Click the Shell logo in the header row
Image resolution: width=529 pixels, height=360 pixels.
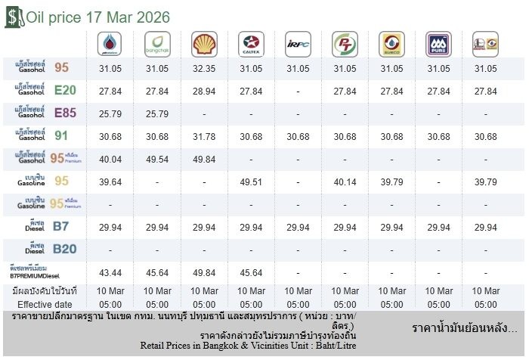coord(203,45)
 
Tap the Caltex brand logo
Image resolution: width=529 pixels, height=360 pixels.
coord(250,45)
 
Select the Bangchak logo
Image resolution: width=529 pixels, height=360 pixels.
coord(156,45)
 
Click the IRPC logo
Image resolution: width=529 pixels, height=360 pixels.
coord(297,45)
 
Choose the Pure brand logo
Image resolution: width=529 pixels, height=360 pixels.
coord(438,45)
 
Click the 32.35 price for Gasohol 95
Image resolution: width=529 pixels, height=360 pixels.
coord(203,68)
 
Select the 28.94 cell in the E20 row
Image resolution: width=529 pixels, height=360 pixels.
coord(203,92)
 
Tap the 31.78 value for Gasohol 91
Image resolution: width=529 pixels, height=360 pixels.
coord(203,136)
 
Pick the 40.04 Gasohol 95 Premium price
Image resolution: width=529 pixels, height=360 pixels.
coord(110,160)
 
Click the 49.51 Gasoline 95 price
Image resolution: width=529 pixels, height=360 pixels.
coord(250,182)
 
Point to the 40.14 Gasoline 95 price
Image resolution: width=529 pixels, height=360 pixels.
coord(345,182)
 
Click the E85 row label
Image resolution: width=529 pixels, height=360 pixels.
coord(42,113)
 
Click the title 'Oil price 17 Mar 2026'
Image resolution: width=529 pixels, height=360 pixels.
coord(97,17)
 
